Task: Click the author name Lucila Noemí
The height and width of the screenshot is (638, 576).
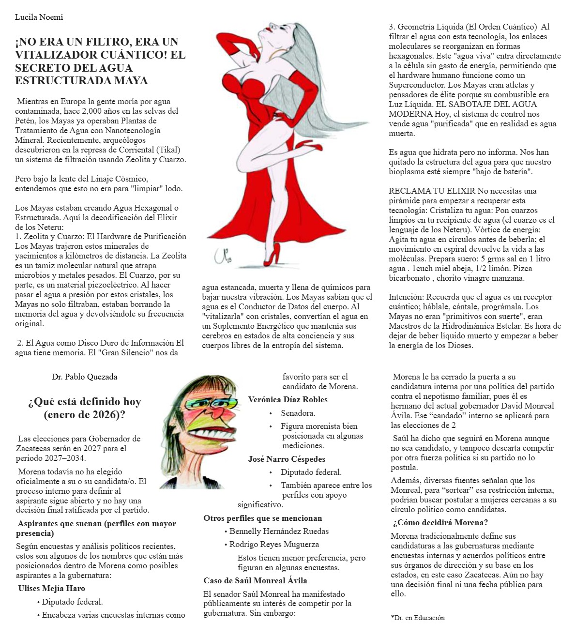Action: [x=39, y=17]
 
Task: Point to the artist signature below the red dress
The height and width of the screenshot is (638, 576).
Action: [x=220, y=255]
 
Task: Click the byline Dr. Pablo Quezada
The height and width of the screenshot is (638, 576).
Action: [x=84, y=377]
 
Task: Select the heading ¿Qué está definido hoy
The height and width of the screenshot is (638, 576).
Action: [x=84, y=402]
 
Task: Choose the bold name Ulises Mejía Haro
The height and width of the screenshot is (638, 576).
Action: [x=51, y=589]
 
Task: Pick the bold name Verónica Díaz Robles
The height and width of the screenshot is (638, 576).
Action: [x=288, y=400]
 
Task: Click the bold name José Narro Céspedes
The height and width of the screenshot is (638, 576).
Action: [x=287, y=459]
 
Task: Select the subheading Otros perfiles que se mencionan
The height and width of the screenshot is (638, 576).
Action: [x=262, y=518]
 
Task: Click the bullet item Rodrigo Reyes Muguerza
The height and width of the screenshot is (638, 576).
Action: [x=274, y=545]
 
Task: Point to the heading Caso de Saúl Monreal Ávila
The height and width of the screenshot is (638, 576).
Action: [x=255, y=581]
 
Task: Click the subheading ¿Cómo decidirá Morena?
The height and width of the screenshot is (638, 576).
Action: [x=440, y=523]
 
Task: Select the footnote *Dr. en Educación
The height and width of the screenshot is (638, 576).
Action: [x=417, y=618]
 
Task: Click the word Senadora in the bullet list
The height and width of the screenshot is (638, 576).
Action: [x=298, y=413]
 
